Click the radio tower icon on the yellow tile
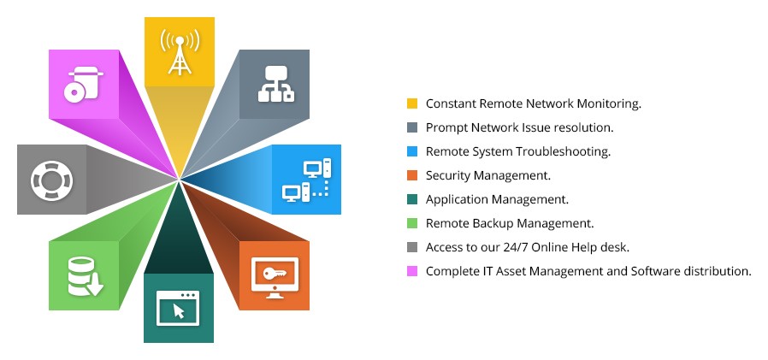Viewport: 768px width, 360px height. (x=180, y=51)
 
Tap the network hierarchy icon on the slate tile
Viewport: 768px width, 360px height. (x=276, y=84)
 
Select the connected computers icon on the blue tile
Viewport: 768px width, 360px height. (x=307, y=180)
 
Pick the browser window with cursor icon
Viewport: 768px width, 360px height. (x=178, y=309)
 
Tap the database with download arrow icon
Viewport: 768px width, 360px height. (x=86, y=276)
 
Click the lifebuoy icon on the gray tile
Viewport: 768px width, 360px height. (x=51, y=180)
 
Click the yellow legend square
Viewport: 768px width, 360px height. (x=412, y=103)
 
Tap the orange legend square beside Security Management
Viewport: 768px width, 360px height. (x=412, y=175)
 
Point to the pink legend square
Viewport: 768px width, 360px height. (x=412, y=271)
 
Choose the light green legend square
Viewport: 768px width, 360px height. (x=412, y=223)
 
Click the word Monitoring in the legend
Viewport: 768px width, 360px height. (x=609, y=103)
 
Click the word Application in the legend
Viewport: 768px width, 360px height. (x=457, y=200)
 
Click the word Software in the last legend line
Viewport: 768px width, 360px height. (x=655, y=271)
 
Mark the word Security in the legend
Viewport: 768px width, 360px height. (x=446, y=176)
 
